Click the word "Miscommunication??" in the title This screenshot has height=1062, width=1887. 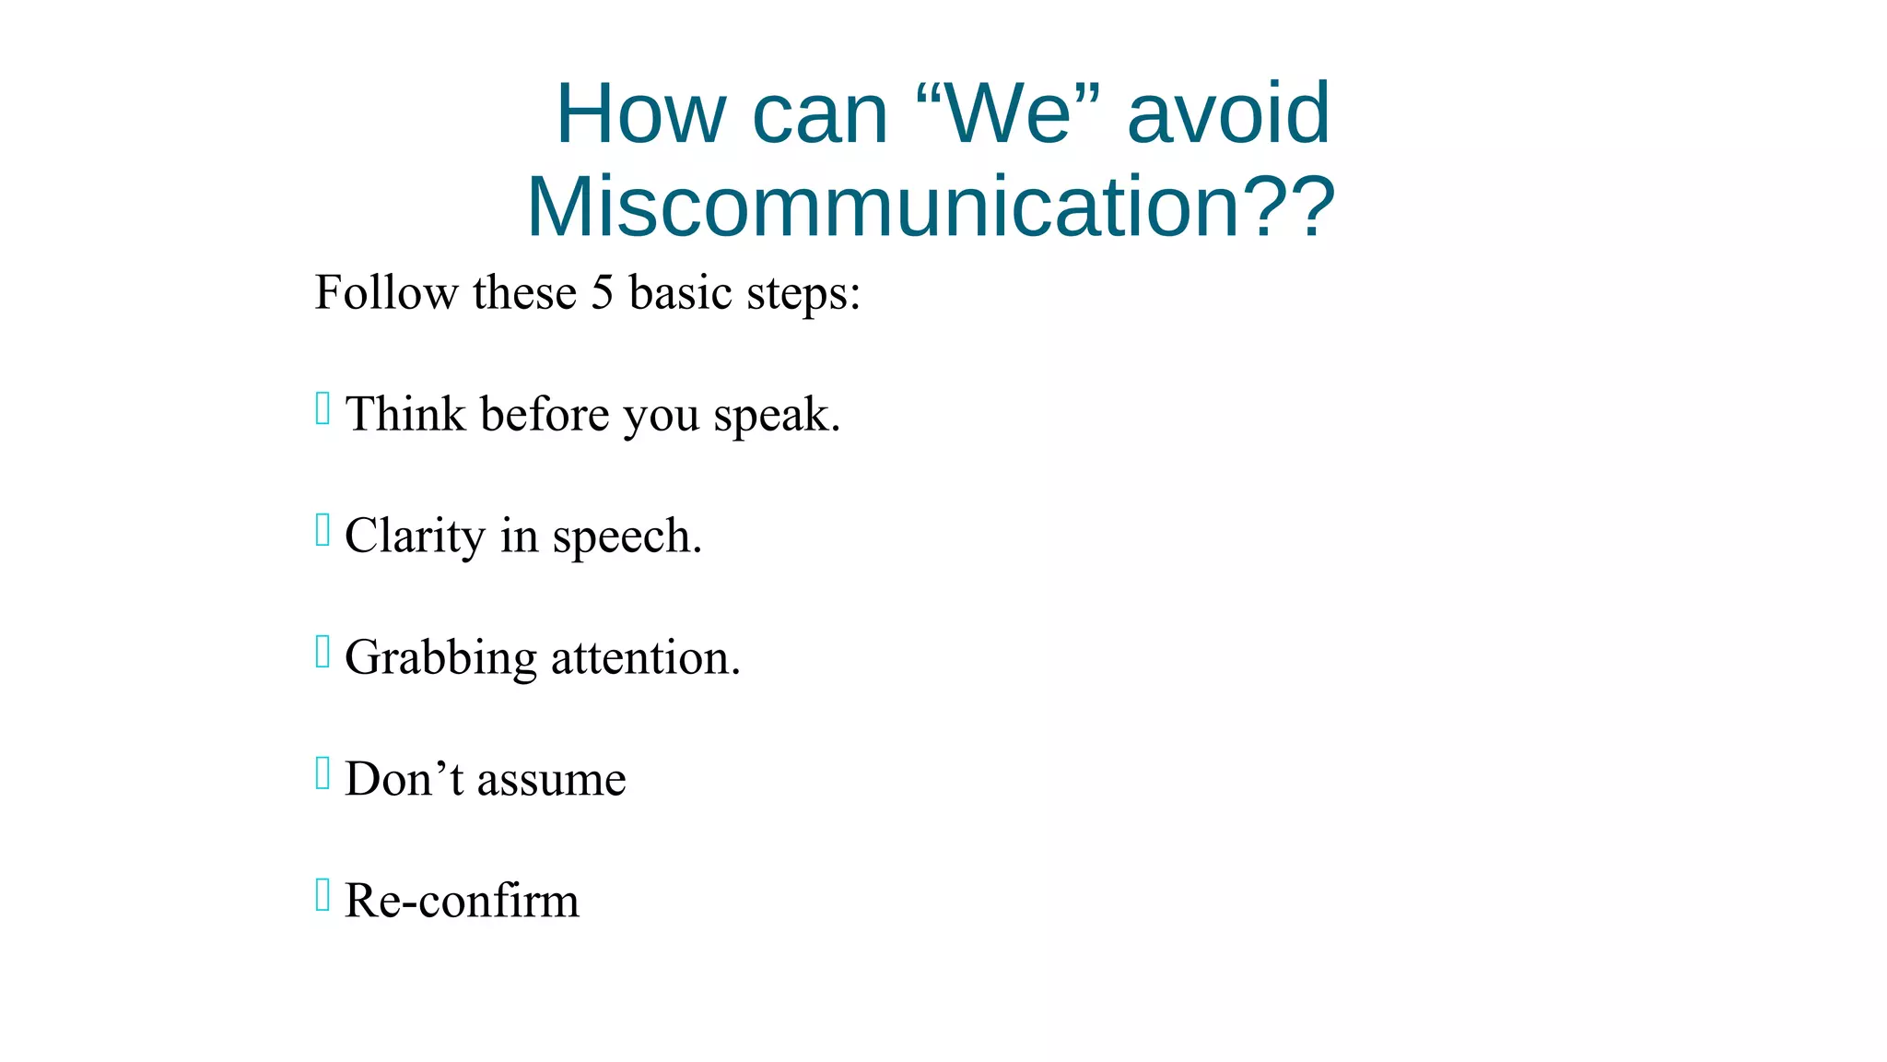[x=931, y=206]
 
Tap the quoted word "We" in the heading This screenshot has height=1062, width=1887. [x=1009, y=113]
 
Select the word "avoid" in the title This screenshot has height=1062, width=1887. [x=1228, y=113]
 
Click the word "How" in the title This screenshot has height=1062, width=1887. [x=641, y=113]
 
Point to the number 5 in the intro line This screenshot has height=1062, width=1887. [x=602, y=293]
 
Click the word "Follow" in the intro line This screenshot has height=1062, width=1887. [x=386, y=293]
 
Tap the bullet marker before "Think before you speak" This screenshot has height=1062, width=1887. [x=322, y=408]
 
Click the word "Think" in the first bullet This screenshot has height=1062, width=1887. [x=405, y=414]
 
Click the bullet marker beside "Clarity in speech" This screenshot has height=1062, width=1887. [x=322, y=530]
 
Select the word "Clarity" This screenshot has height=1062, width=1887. [x=415, y=537]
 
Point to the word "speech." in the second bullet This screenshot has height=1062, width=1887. [x=627, y=537]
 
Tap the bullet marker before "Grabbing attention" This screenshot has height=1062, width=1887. [x=322, y=652]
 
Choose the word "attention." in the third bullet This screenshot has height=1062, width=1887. [x=645, y=658]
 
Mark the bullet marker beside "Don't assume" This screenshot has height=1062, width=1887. [x=322, y=773]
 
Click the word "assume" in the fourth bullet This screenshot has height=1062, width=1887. [x=551, y=780]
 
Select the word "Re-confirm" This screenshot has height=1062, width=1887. [x=462, y=901]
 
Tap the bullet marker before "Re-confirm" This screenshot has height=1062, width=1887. [x=322, y=895]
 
